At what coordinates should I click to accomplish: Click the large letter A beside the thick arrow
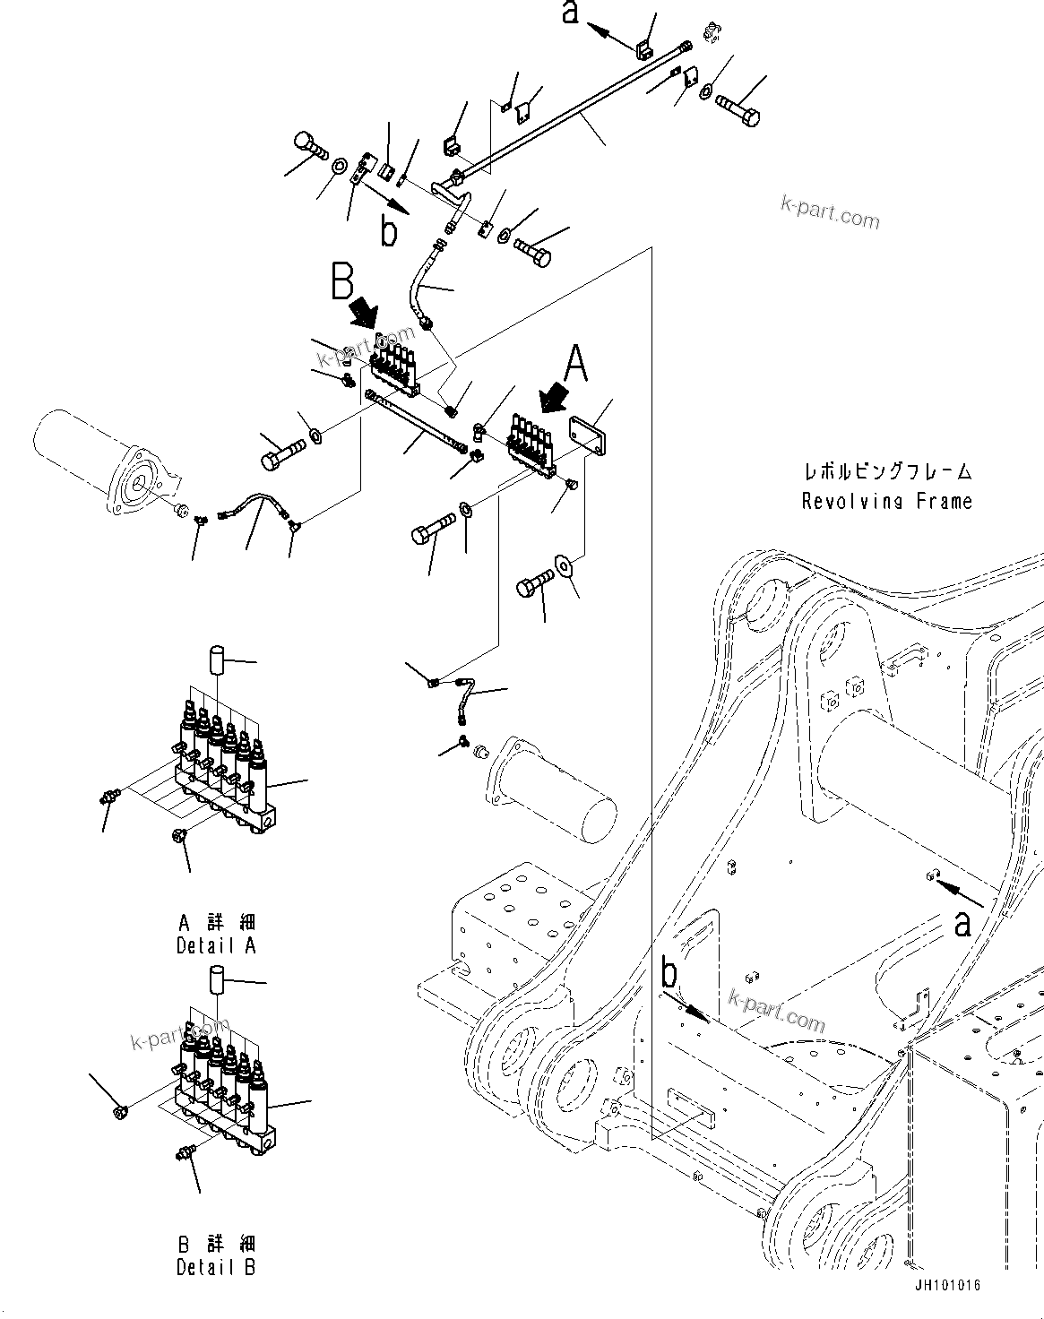(x=576, y=364)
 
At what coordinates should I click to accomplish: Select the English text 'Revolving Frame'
(x=886, y=501)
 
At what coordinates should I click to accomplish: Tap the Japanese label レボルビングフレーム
(x=886, y=472)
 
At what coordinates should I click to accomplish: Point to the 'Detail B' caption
(x=216, y=1267)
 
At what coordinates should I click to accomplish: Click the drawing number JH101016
(x=947, y=1285)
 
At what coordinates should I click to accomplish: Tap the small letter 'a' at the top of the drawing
(x=570, y=13)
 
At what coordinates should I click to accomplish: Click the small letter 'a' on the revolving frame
(x=962, y=922)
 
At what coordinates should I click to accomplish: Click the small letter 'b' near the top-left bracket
(x=389, y=231)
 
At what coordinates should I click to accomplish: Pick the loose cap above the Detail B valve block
(x=216, y=979)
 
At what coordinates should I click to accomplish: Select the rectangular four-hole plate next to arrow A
(x=587, y=438)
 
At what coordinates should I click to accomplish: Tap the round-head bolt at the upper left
(x=307, y=144)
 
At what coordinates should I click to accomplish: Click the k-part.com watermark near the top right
(x=830, y=215)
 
